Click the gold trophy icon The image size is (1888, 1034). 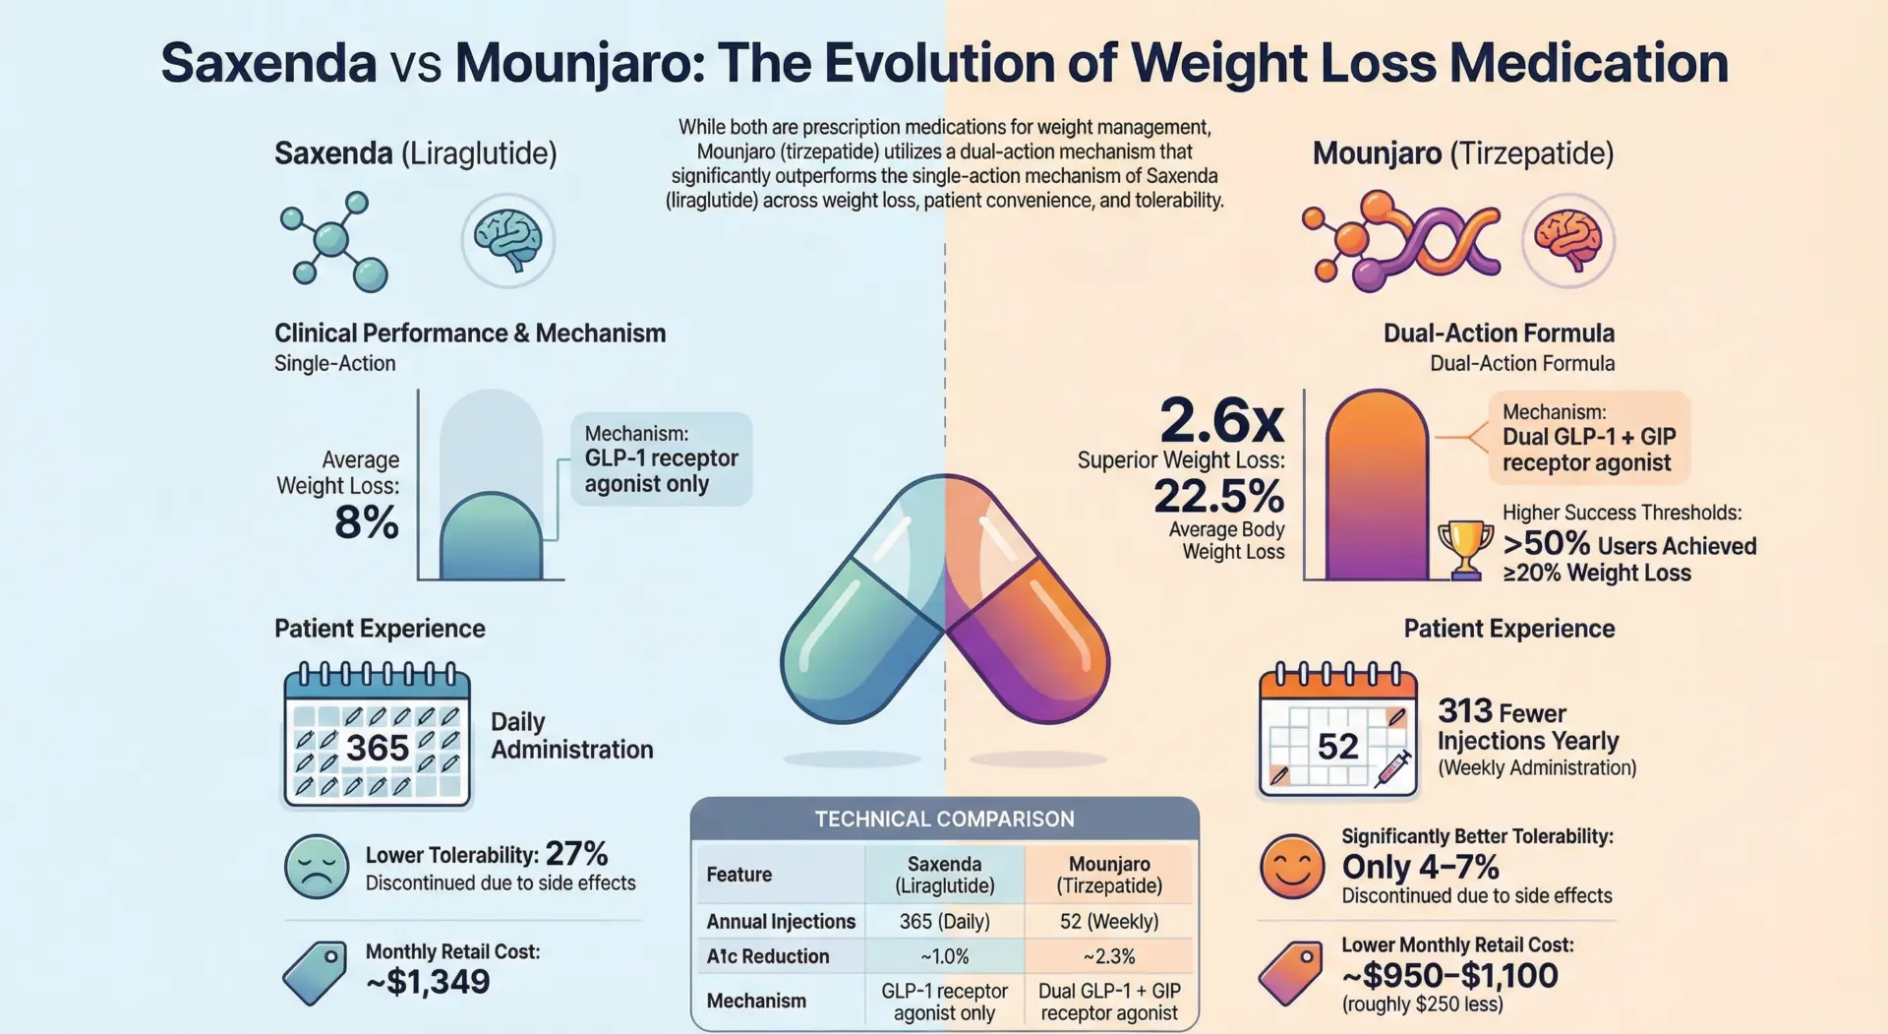click(x=1465, y=549)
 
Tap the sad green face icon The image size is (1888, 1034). click(x=317, y=867)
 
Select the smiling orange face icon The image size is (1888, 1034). click(x=1292, y=867)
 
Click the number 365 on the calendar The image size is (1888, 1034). click(x=378, y=748)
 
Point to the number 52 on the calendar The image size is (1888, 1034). click(x=1337, y=746)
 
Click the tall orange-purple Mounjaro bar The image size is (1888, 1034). click(x=1377, y=487)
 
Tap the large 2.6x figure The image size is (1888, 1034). click(x=1221, y=421)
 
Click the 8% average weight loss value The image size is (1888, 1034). click(x=367, y=521)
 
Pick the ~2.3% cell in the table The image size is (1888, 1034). click(x=1109, y=956)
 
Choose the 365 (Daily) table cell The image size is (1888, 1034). click(x=944, y=922)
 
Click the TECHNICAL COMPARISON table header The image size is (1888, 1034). click(x=944, y=819)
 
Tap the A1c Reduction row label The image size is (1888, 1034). click(x=768, y=956)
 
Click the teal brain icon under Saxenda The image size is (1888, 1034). click(x=508, y=240)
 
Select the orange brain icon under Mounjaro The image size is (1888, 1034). click(x=1568, y=240)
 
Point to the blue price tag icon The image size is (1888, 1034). click(x=315, y=972)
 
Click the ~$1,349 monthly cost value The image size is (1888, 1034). click(x=428, y=981)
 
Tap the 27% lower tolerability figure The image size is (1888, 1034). click(x=576, y=853)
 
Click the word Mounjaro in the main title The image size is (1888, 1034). click(x=577, y=63)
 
